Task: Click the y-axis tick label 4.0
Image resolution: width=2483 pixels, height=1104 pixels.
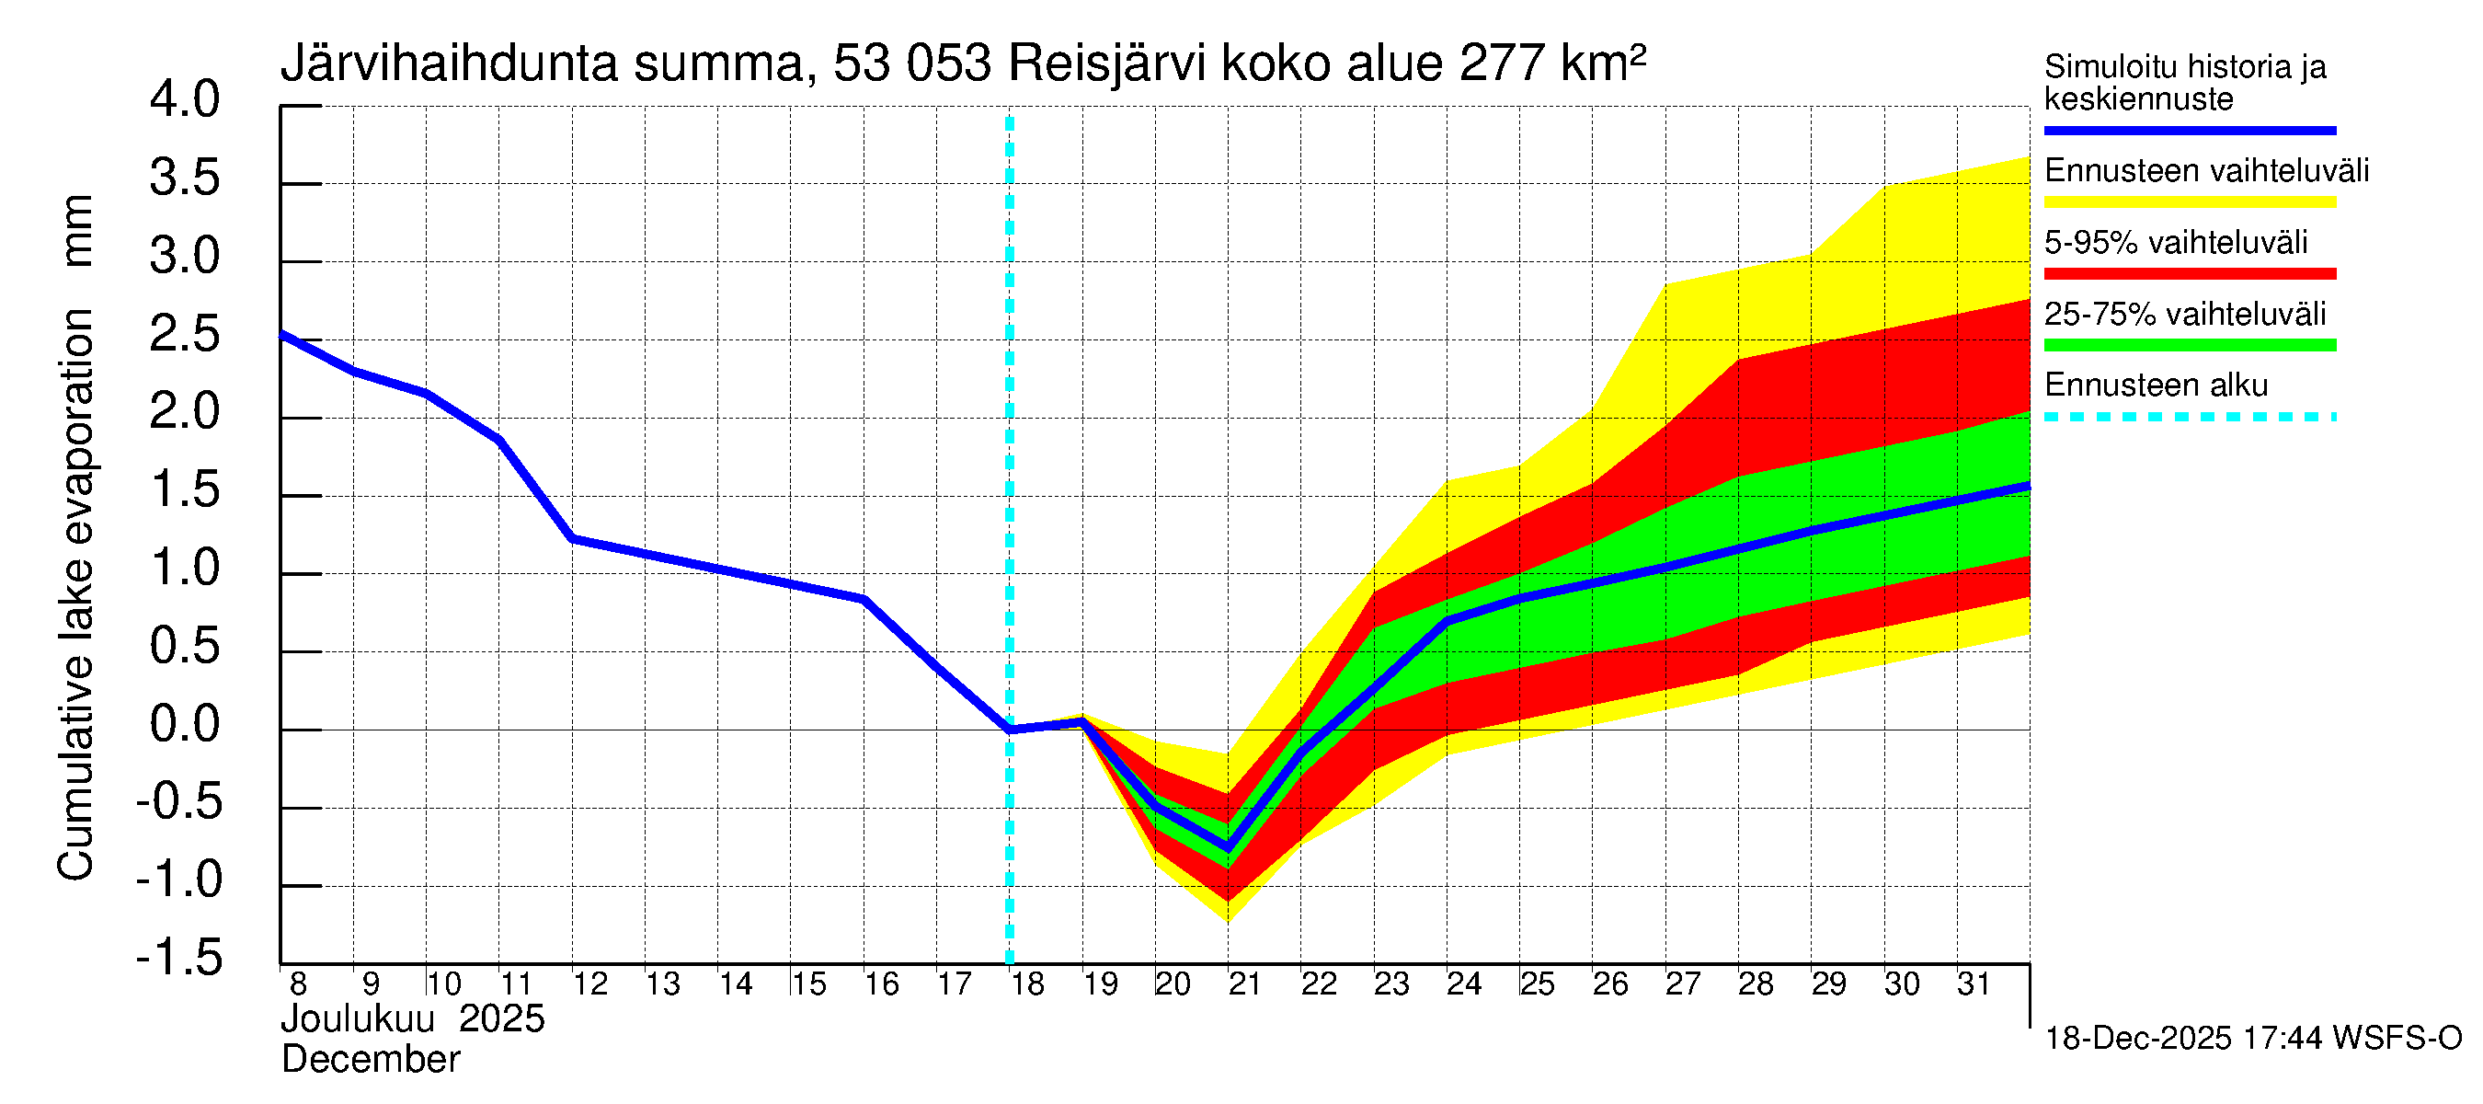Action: click(184, 100)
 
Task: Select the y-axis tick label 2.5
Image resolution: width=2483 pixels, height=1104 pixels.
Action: click(184, 336)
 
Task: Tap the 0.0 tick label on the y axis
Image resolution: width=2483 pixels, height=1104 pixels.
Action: click(184, 724)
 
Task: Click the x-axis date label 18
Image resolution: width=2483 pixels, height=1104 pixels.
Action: click(1027, 984)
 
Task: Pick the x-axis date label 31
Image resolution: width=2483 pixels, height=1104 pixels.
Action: click(1974, 984)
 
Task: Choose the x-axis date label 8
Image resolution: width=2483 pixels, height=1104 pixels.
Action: click(298, 984)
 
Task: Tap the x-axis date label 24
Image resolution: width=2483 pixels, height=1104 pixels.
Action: click(1463, 984)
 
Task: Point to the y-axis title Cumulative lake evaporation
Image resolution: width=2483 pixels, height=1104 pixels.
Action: click(75, 593)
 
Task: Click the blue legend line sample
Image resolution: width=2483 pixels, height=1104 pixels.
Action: click(2189, 130)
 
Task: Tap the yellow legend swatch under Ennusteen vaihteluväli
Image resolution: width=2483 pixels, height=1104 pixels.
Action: click(2189, 202)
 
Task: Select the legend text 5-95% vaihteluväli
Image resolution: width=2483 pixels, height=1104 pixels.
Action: click(2176, 242)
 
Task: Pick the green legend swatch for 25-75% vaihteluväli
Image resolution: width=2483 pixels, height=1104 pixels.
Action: click(2189, 345)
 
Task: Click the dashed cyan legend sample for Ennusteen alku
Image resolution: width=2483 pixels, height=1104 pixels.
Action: click(2189, 418)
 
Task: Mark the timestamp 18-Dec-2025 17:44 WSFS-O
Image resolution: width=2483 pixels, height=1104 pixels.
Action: click(2252, 1039)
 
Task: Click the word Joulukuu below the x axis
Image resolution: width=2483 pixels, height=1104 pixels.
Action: click(358, 1019)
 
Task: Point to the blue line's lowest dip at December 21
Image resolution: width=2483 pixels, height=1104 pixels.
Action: click(1228, 848)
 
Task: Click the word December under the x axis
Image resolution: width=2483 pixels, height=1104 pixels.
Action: click(370, 1060)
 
